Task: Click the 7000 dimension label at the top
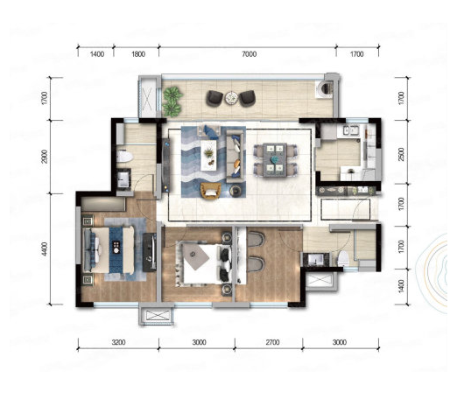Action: [250, 54]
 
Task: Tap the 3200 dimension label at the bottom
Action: [118, 342]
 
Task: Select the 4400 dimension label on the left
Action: [44, 249]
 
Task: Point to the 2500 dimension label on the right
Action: [402, 154]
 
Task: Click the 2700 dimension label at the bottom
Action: [272, 342]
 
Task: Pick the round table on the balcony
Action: [232, 98]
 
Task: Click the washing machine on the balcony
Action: [324, 89]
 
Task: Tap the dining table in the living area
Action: [274, 159]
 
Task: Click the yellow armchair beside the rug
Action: [210, 191]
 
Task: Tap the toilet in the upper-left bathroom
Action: [125, 157]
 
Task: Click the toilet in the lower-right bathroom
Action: [343, 258]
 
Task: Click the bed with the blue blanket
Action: [109, 250]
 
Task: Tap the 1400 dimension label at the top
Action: [97, 54]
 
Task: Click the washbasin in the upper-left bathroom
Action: [123, 178]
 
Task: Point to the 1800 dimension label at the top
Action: [138, 54]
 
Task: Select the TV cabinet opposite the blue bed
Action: [150, 252]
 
